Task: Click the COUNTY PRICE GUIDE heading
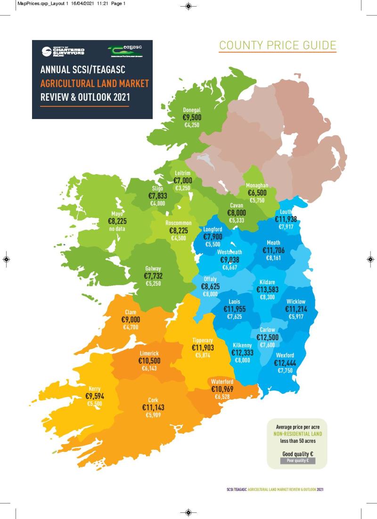[278, 45]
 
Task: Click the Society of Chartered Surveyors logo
[61, 51]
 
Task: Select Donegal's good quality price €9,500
[192, 118]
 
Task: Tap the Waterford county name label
[222, 382]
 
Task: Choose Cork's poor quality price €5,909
[153, 415]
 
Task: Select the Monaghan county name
[257, 185]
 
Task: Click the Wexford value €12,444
[285, 363]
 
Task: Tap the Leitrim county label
[182, 173]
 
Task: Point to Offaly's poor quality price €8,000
[210, 294]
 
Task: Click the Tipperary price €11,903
[203, 348]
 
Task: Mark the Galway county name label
[154, 270]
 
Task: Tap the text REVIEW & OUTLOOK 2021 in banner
[85, 97]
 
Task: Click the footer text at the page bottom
[275, 489]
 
